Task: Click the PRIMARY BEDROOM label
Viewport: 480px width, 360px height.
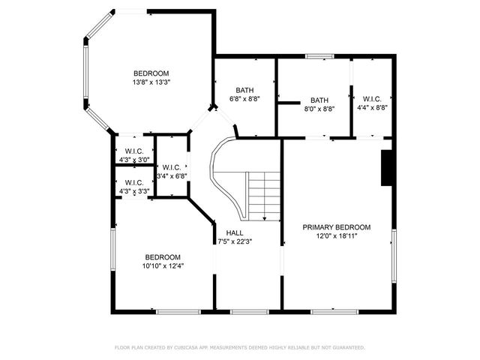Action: tap(337, 226)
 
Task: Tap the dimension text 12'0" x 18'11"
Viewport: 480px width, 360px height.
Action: tap(337, 235)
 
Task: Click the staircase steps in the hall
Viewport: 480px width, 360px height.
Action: tap(263, 194)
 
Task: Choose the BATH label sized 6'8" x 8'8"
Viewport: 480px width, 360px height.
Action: tap(244, 90)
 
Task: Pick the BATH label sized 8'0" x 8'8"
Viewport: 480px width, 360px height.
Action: tap(319, 100)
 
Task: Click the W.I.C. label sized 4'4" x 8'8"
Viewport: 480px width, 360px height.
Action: tap(372, 99)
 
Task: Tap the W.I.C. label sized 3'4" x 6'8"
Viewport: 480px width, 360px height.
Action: tap(171, 167)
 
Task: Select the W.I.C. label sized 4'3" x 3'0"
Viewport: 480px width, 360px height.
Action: tap(134, 150)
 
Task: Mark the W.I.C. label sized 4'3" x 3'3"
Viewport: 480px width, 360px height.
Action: tap(134, 182)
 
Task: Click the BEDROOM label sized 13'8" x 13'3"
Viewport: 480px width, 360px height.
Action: tap(151, 73)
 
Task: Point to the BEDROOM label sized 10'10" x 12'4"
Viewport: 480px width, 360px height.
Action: tap(163, 256)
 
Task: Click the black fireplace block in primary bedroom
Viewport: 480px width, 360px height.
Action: tap(387, 168)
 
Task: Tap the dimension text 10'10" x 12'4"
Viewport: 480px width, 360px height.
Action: tap(163, 265)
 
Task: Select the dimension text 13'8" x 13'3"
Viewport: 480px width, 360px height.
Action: tap(151, 82)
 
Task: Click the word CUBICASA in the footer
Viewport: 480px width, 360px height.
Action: tap(190, 347)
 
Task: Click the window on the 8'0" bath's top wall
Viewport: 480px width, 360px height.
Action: tap(319, 56)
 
